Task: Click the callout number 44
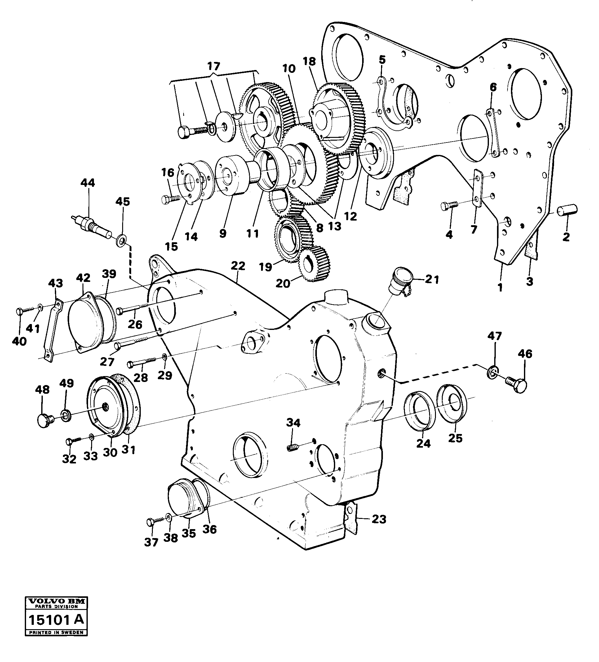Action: [87, 183]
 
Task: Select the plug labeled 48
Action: [44, 421]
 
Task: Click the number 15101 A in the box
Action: [56, 620]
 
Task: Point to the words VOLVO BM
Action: [56, 602]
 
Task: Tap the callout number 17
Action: [214, 67]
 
